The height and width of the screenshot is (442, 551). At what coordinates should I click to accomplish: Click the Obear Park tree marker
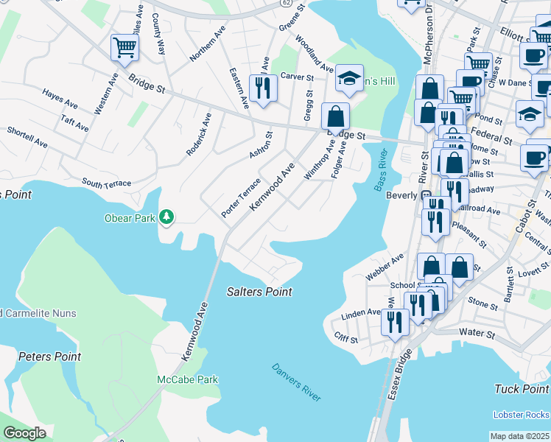point(168,217)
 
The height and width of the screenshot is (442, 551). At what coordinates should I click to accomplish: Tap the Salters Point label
point(259,292)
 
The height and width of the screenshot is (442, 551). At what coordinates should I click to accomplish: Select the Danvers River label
point(296,381)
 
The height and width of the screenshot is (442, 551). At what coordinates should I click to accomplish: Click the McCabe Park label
point(188,379)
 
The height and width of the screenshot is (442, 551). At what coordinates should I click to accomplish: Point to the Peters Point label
point(49,357)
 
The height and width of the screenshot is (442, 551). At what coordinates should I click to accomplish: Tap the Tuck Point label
point(522,389)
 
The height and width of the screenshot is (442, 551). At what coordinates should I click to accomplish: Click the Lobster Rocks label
point(522,415)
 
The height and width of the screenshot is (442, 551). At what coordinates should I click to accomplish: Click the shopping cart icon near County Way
point(124,49)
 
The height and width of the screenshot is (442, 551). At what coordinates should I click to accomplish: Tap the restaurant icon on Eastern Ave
point(262,88)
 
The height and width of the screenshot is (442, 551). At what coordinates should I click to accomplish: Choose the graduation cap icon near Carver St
point(349,78)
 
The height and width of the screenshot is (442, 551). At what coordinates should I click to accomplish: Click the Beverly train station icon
point(426,196)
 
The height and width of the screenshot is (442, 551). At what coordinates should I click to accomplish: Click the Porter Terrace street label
point(242,197)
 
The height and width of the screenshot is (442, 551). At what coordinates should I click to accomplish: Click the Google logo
point(24,433)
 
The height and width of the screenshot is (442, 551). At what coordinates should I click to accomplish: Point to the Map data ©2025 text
point(519,436)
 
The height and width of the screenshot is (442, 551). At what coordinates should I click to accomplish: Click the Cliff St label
point(345,340)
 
